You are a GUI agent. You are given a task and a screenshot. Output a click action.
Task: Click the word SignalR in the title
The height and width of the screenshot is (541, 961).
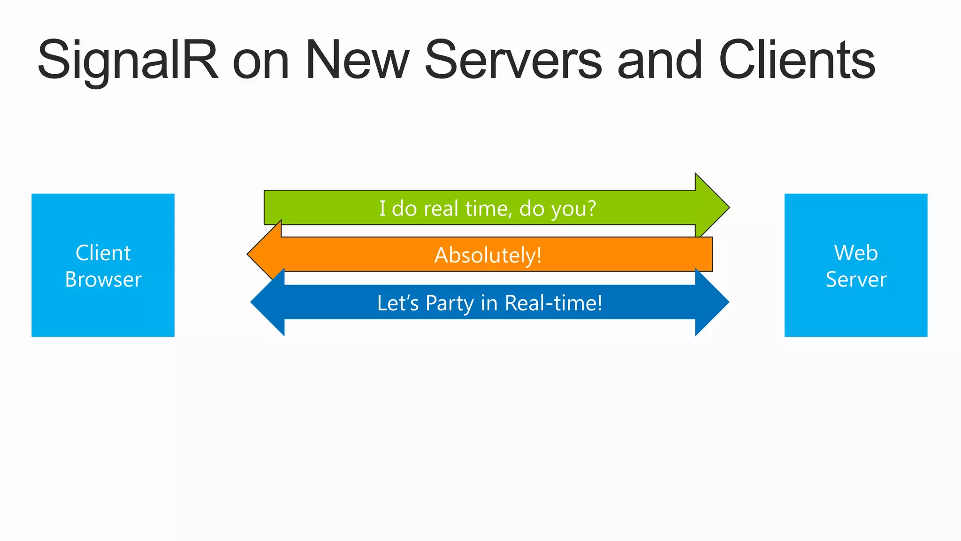coord(128,61)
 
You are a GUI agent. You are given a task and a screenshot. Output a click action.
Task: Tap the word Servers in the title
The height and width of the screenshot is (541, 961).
coord(513,61)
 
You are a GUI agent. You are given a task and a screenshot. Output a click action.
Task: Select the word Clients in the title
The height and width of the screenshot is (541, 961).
coord(797,61)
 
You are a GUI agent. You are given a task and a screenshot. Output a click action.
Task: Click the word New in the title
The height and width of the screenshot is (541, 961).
coord(358,61)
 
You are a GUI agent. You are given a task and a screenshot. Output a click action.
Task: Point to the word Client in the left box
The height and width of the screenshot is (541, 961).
coord(103,253)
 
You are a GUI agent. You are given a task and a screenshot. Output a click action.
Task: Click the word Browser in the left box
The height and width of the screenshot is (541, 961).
coord(103,280)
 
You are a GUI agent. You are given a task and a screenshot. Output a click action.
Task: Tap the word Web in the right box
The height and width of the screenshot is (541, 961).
coord(855,253)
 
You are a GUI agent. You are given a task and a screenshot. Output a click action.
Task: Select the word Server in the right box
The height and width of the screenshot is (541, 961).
coord(855,280)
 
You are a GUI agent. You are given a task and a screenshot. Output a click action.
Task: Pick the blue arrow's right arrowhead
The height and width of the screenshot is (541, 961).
coord(711,302)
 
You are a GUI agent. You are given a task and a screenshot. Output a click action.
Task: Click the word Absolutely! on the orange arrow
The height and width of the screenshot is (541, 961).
coord(488,255)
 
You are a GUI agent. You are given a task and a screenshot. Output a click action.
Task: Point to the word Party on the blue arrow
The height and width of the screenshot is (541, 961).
coord(450,303)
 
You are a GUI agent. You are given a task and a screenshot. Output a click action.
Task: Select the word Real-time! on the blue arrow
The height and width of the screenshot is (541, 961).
coord(553,303)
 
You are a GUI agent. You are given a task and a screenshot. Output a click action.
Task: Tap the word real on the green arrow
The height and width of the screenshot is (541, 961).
coord(441,209)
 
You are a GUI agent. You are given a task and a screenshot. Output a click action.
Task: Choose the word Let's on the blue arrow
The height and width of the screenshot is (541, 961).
coord(397,303)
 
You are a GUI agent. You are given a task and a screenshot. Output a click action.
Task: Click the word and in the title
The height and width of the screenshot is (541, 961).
coord(660,61)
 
